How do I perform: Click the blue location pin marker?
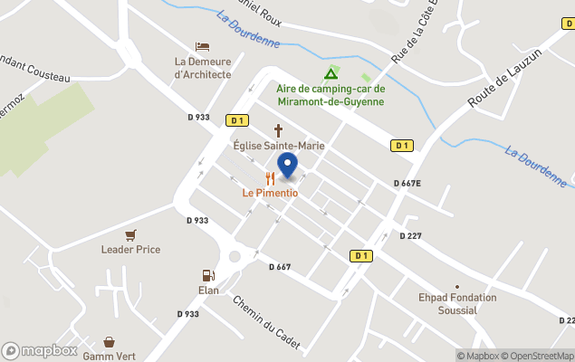[287, 166]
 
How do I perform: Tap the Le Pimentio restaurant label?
[270, 193]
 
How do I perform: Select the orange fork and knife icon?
[270, 178]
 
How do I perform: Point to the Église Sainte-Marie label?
[279, 146]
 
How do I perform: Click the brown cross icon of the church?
[279, 130]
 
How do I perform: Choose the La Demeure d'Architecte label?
[203, 68]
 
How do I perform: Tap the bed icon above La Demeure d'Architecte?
[203, 46]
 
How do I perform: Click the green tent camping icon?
[331, 73]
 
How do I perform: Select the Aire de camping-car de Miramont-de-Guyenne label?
[331, 95]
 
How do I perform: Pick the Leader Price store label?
[130, 250]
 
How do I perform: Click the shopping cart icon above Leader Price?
[130, 234]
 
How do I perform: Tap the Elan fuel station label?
[208, 291]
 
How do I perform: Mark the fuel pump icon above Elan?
[208, 275]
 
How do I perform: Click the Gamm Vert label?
[110, 357]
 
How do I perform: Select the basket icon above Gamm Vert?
[110, 342]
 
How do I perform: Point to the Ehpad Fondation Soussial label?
[457, 303]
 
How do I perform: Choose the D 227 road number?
[411, 236]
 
